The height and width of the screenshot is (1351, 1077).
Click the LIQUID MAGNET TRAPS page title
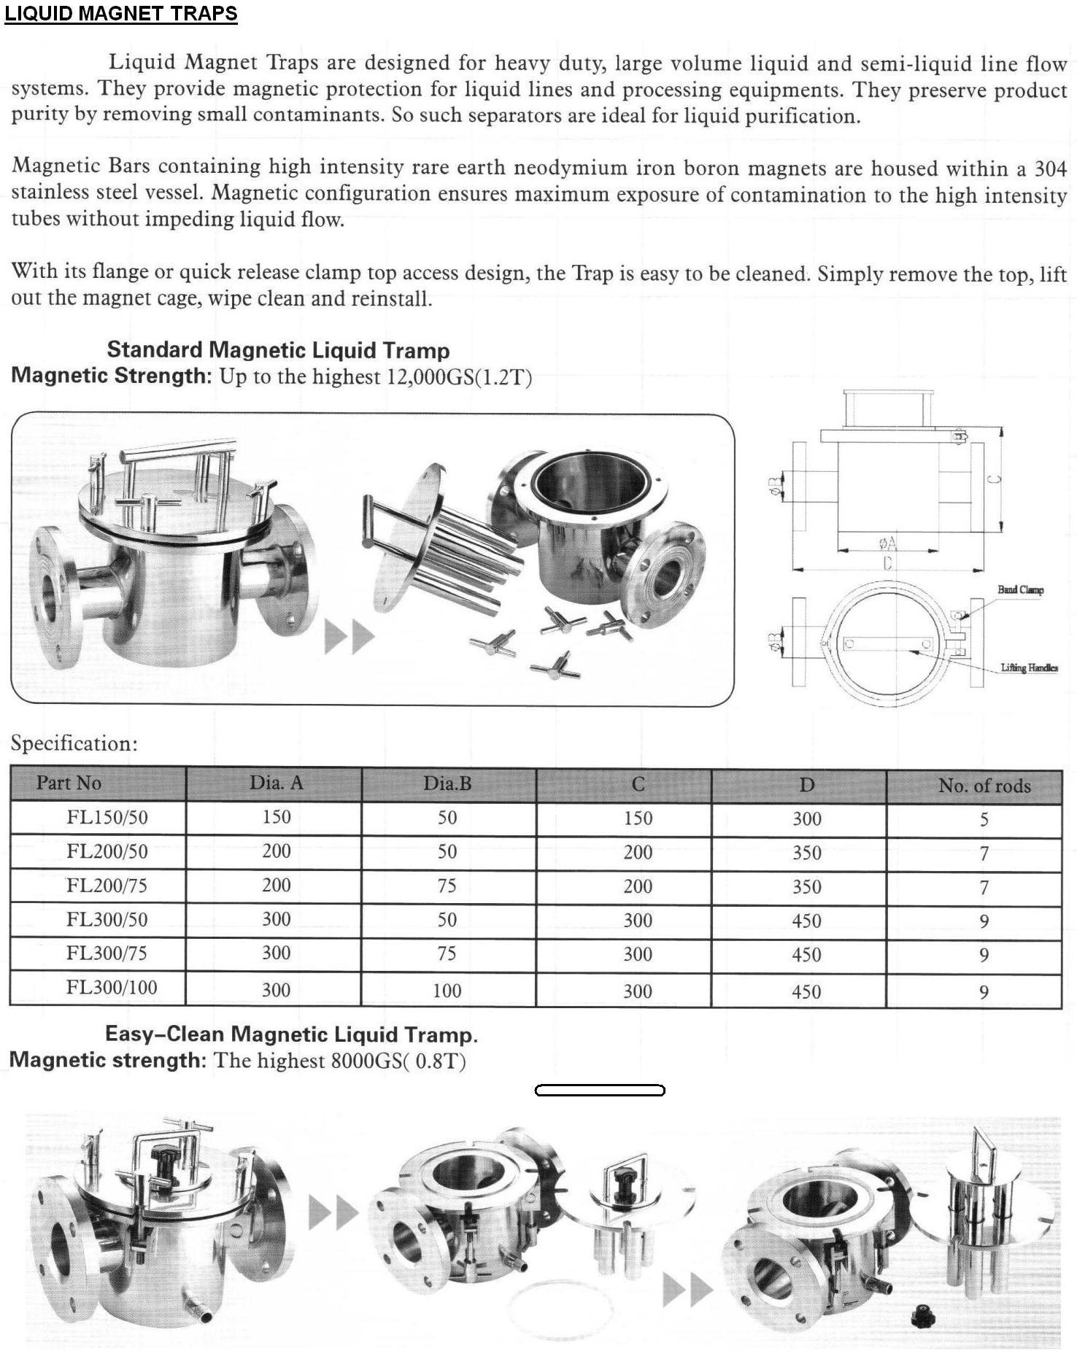121,14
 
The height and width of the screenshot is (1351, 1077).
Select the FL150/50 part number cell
107,817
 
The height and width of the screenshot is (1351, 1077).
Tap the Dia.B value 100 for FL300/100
447,991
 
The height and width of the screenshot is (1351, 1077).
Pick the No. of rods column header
984,786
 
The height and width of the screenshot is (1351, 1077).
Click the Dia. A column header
276,783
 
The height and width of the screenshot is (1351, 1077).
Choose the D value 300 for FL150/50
807,818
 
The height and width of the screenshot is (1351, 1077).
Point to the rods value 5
984,819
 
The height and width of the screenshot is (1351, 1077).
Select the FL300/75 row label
107,953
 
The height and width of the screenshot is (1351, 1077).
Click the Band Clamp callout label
1020,589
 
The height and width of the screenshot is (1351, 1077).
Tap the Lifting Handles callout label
1029,667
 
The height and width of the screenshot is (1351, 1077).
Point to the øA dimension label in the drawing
888,543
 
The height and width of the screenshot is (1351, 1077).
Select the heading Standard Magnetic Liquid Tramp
278,350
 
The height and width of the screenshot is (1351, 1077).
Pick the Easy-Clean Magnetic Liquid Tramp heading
291,1034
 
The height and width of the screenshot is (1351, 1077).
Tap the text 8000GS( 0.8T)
398,1060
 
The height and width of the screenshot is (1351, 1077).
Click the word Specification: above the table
74,743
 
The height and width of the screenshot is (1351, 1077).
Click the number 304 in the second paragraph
1051,169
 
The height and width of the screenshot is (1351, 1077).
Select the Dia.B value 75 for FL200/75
447,886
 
